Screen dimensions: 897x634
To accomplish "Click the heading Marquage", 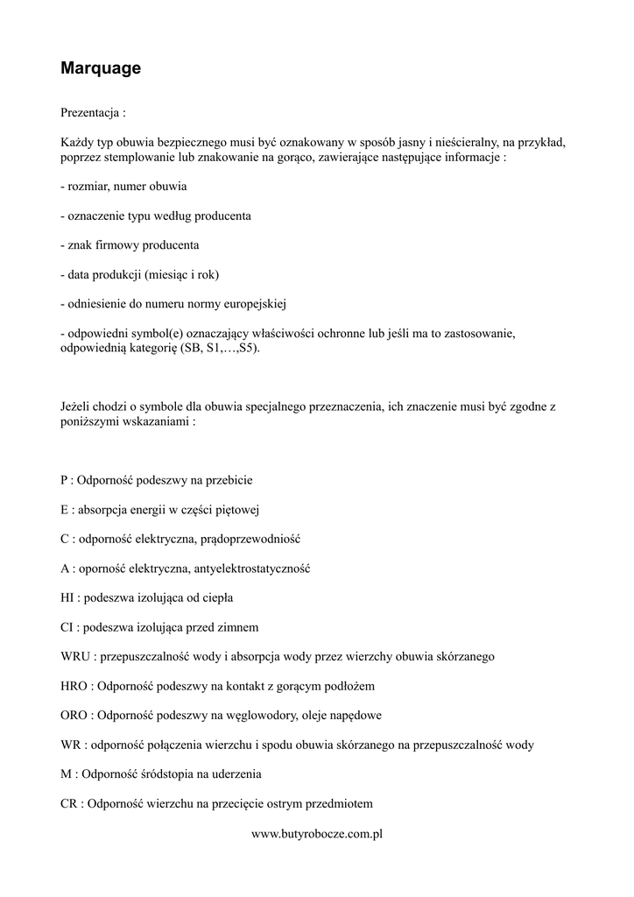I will click(x=101, y=67).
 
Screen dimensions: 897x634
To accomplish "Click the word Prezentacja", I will click(x=89, y=113).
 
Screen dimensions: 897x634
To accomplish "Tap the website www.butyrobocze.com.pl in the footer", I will click(x=317, y=834).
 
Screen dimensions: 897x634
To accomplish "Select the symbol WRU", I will click(x=76, y=656).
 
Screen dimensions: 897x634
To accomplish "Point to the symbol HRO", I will click(x=75, y=686).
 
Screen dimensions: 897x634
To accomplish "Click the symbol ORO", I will click(x=75, y=715).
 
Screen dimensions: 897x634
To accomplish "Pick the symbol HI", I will click(x=68, y=597).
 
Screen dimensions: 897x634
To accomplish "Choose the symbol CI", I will click(x=67, y=627).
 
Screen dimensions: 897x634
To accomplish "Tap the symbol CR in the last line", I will click(x=69, y=803).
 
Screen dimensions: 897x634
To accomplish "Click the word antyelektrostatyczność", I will click(x=251, y=569).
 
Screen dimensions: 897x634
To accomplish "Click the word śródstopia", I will click(x=170, y=774).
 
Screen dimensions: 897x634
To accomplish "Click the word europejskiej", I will click(x=256, y=304).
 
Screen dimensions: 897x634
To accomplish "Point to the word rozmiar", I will click(x=85, y=187).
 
